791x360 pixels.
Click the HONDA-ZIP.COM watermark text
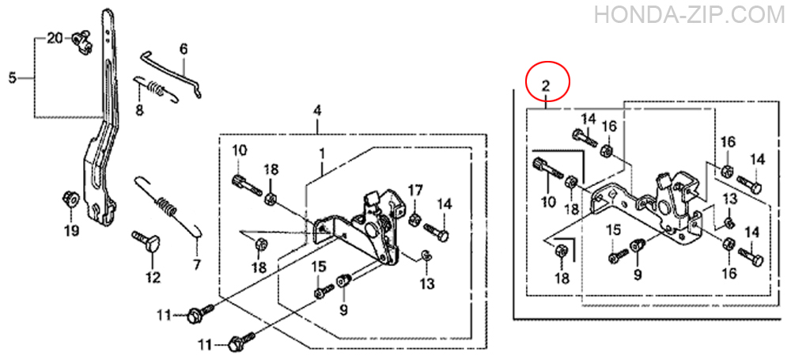tap(691, 15)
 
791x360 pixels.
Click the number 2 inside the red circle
tap(547, 85)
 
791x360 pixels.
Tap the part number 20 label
tap(55, 38)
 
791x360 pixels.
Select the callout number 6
tap(184, 49)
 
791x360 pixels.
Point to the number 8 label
tap(139, 109)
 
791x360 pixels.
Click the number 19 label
tap(71, 231)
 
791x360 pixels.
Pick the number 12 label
tap(153, 277)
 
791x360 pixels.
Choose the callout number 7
tap(196, 264)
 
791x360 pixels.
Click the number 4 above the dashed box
tap(317, 111)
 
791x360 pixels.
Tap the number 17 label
tap(415, 191)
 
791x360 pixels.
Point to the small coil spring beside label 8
tap(155, 89)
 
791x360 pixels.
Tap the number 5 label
tap(13, 78)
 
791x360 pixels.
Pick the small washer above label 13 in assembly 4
tap(426, 256)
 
